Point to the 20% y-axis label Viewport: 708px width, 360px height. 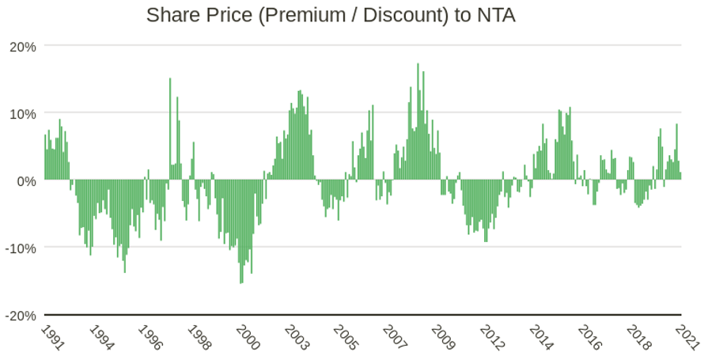pos(22,46)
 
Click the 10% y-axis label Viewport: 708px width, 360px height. pos(22,113)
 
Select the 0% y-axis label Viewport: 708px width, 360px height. pos(26,180)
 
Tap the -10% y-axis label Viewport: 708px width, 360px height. pos(21,248)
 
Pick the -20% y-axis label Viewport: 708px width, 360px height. pos(21,315)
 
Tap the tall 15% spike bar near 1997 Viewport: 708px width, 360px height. pos(170,127)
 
